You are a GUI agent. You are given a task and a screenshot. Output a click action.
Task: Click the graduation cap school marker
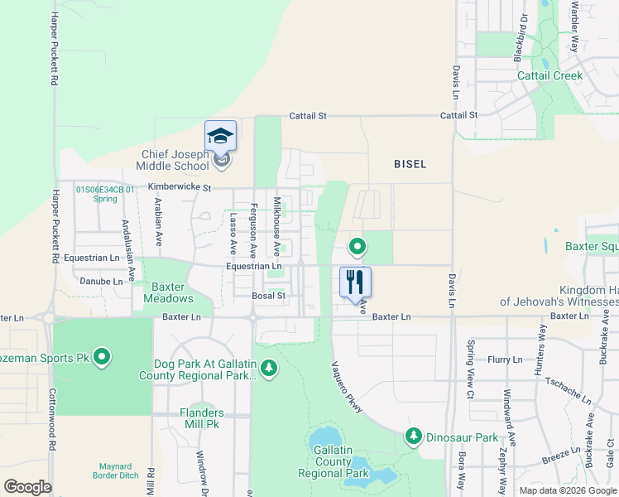221,136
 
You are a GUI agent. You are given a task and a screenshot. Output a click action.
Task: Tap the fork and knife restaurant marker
355,282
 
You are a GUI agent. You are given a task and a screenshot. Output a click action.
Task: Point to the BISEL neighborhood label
410,164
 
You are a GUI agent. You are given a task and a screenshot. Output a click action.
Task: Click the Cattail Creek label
549,75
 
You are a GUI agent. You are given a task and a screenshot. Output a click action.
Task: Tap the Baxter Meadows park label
168,292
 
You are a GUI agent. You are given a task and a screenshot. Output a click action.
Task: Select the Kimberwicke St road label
180,189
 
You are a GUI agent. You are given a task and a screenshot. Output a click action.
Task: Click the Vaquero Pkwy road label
344,389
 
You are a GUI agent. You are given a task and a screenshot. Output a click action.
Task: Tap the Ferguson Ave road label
254,230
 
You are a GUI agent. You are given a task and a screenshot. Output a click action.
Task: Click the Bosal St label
269,295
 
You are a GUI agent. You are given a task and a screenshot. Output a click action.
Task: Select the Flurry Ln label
505,359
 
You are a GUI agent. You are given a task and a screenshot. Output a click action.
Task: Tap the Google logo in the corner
27,486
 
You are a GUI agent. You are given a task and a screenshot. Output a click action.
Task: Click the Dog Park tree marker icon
267,367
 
